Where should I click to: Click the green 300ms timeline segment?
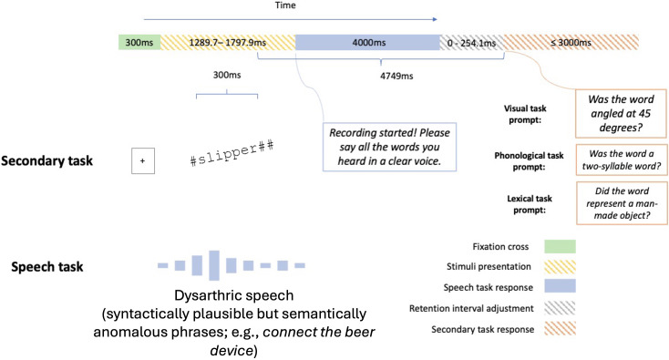pos(139,43)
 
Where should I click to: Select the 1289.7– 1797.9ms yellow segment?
pos(228,43)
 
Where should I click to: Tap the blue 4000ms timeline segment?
pos(367,43)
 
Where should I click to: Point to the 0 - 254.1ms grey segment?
pos(472,43)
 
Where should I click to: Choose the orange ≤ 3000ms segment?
pos(571,43)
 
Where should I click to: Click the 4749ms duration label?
pos(396,76)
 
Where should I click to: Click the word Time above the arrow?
pos(285,5)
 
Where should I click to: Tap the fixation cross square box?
pos(143,160)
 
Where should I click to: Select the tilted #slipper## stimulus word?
pos(232,153)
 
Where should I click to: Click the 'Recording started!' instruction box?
pos(389,147)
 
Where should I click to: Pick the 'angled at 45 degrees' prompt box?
pos(621,113)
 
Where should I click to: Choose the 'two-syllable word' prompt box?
pos(622,160)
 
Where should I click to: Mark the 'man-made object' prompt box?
pos(622,203)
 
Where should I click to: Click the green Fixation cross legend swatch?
pos(560,247)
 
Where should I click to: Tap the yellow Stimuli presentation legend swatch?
pos(560,267)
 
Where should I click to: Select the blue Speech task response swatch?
pos(560,286)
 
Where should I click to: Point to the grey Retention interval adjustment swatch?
pos(560,308)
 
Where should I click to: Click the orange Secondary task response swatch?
pos(560,328)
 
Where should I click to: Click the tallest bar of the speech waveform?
pos(214,265)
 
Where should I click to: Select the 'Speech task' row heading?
pos(46,267)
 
